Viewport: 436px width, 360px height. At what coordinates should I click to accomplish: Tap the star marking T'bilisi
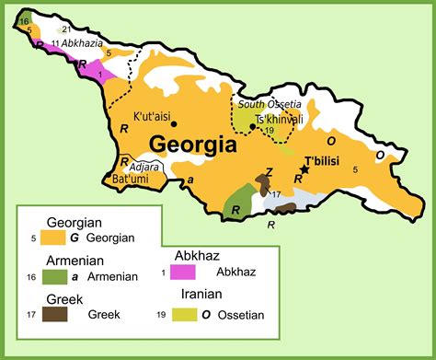304,171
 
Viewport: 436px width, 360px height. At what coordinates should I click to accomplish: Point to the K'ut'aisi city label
153,117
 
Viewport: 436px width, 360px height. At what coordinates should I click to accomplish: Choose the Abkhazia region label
83,42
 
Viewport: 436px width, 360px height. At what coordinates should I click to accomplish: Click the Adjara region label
145,167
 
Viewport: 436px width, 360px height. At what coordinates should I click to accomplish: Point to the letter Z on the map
269,171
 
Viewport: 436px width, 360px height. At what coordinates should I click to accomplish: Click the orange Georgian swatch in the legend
53,238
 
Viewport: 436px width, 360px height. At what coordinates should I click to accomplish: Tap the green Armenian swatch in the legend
53,275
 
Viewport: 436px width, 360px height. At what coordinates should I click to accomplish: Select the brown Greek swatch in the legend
53,314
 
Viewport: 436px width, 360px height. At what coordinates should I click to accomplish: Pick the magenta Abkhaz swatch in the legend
184,273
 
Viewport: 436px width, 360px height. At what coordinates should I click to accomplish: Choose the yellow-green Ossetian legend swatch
184,315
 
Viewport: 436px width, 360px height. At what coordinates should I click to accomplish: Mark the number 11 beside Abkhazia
56,43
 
